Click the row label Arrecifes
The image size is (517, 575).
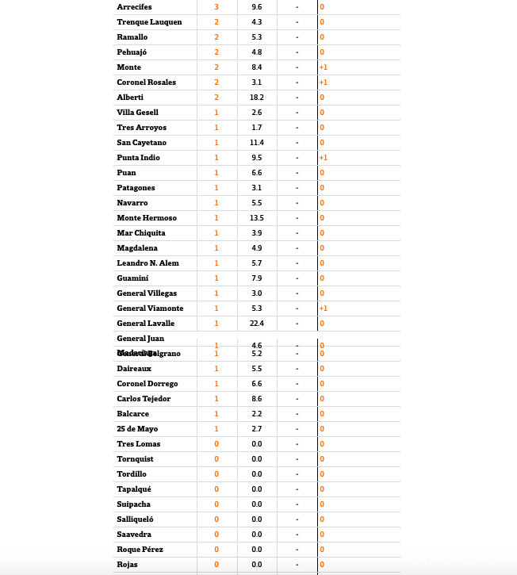pyautogui.click(x=135, y=7)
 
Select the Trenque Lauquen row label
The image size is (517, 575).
pyautogui.click(x=149, y=22)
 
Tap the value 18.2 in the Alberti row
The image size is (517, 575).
pyautogui.click(x=257, y=98)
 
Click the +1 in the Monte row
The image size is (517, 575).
pyautogui.click(x=324, y=67)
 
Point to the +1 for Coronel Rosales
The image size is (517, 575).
pyautogui.click(x=324, y=82)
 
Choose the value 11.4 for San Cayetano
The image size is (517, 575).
pyautogui.click(x=257, y=143)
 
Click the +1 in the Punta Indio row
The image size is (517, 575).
pyautogui.click(x=324, y=158)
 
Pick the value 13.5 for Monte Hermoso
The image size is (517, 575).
pyautogui.click(x=257, y=218)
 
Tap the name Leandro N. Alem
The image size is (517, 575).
pyautogui.click(x=147, y=263)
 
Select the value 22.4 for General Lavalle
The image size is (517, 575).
pyautogui.click(x=257, y=324)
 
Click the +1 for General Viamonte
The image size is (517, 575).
pyautogui.click(x=324, y=309)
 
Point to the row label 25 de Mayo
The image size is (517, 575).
pyautogui.click(x=137, y=429)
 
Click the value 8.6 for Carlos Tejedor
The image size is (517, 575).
pyautogui.click(x=257, y=399)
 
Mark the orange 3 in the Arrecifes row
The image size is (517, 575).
pyautogui.click(x=216, y=7)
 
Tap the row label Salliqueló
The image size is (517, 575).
pyautogui.click(x=135, y=519)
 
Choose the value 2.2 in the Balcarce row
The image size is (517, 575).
pyautogui.click(x=257, y=414)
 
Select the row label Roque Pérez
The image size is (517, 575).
pyautogui.click(x=140, y=550)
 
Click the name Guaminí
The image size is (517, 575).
pyautogui.click(x=132, y=278)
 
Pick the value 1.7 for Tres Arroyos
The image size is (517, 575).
pyautogui.click(x=257, y=128)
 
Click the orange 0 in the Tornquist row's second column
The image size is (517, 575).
pyautogui.click(x=216, y=459)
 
